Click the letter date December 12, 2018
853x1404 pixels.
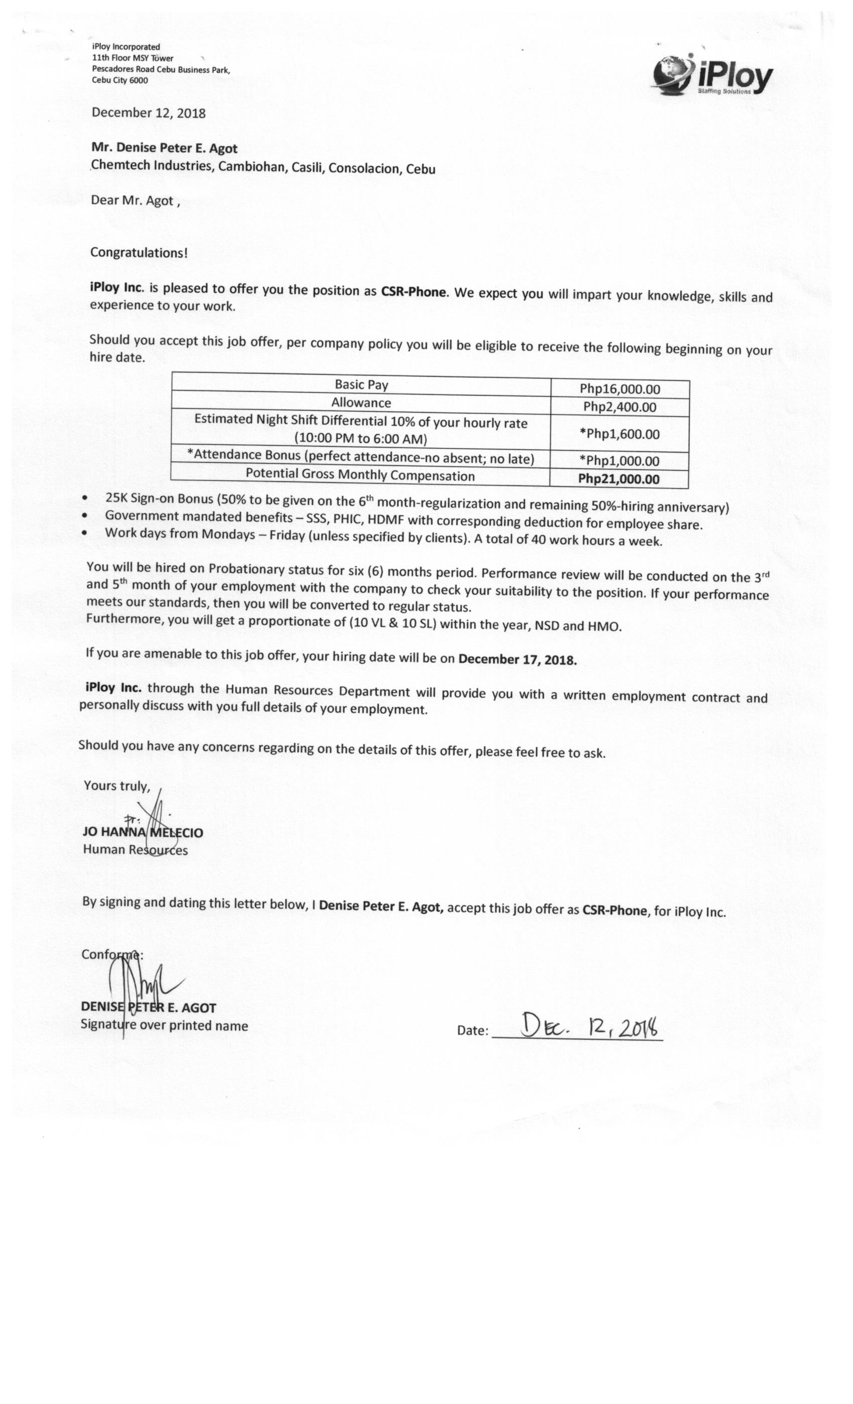[x=148, y=113]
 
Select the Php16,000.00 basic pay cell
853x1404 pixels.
[x=620, y=389]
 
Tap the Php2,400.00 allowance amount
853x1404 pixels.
[x=620, y=407]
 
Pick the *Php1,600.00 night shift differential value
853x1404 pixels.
[x=619, y=434]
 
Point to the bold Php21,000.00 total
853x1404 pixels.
[x=619, y=479]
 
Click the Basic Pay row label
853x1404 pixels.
[x=361, y=385]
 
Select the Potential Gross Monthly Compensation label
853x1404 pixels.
[x=360, y=475]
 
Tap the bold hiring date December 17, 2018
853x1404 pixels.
[x=517, y=660]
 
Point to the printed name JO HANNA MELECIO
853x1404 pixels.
[x=143, y=832]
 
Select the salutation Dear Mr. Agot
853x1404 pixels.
[x=135, y=201]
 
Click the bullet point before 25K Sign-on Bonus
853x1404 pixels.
[x=85, y=498]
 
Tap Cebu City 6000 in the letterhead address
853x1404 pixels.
[x=120, y=80]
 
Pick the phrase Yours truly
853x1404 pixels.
[x=117, y=786]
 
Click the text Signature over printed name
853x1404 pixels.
[x=164, y=1025]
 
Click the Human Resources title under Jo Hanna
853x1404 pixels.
[x=135, y=849]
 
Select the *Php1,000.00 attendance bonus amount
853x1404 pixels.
[x=619, y=461]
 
